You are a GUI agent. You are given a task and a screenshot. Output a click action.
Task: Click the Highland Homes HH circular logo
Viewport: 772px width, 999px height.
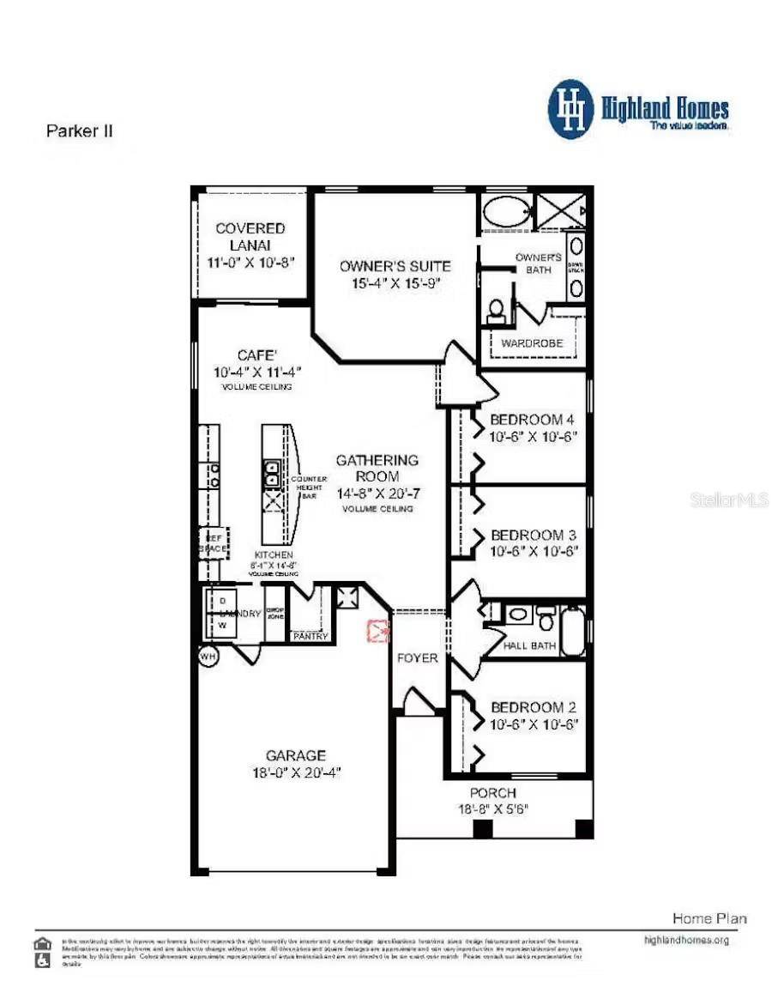point(571,110)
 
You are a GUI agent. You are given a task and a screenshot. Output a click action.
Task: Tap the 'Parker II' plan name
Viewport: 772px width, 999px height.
point(78,131)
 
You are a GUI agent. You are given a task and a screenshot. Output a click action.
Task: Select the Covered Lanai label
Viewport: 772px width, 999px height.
point(250,237)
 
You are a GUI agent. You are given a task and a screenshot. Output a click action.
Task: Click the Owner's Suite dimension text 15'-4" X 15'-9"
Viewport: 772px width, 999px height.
point(395,283)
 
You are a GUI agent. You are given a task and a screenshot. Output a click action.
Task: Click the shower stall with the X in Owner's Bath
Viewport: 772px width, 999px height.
point(560,211)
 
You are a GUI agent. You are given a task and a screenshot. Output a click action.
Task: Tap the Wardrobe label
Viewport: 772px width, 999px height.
point(532,343)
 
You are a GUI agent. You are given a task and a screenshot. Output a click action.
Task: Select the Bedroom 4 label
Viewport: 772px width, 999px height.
point(532,420)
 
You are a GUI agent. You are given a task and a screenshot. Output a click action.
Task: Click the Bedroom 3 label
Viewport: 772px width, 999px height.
point(532,535)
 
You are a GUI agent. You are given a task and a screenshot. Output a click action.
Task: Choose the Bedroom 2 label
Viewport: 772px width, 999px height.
point(532,707)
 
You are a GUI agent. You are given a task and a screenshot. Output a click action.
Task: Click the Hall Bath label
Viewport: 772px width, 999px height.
point(530,645)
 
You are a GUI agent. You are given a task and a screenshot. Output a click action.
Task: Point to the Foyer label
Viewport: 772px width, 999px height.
point(418,658)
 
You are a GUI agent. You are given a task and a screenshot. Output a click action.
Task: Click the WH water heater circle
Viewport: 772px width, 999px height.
point(208,656)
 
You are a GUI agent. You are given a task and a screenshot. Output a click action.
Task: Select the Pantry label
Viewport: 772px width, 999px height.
point(310,636)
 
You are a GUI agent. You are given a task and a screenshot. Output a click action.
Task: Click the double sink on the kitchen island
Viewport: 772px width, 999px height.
point(271,473)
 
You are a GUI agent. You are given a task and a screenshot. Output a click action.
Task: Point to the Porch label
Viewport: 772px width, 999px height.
point(492,793)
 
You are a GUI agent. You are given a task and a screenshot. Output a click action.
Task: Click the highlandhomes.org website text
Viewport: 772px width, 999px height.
point(686,940)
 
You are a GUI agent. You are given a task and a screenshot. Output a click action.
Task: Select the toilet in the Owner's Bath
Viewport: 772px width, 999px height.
point(496,312)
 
